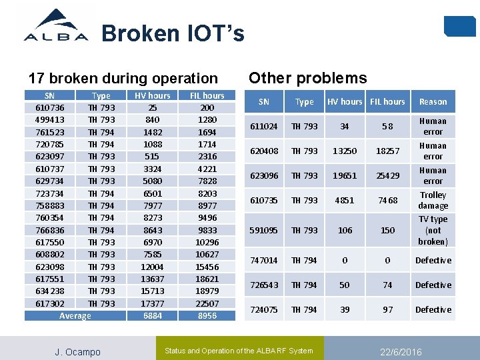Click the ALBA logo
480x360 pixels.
click(x=56, y=26)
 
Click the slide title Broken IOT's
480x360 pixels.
click(x=173, y=33)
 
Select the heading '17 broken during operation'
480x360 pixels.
click(x=123, y=78)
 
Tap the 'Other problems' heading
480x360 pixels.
click(x=307, y=78)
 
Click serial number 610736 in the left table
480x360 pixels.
click(x=49, y=107)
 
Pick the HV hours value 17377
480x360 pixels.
click(x=153, y=303)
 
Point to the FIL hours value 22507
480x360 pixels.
click(x=207, y=303)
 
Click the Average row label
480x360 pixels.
click(x=75, y=315)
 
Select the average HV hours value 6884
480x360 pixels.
click(x=153, y=315)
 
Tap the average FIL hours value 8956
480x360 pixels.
click(x=207, y=315)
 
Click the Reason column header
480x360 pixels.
click(x=433, y=102)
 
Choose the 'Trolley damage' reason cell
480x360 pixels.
click(x=433, y=200)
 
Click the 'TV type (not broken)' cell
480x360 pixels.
click(x=433, y=230)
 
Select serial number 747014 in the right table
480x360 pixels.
click(x=263, y=260)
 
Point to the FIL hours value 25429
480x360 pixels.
click(x=387, y=175)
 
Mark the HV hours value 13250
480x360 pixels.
click(x=344, y=151)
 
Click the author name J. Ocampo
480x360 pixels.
click(x=77, y=351)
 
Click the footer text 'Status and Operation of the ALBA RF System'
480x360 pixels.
click(x=239, y=351)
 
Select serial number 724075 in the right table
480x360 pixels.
click(x=263, y=309)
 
